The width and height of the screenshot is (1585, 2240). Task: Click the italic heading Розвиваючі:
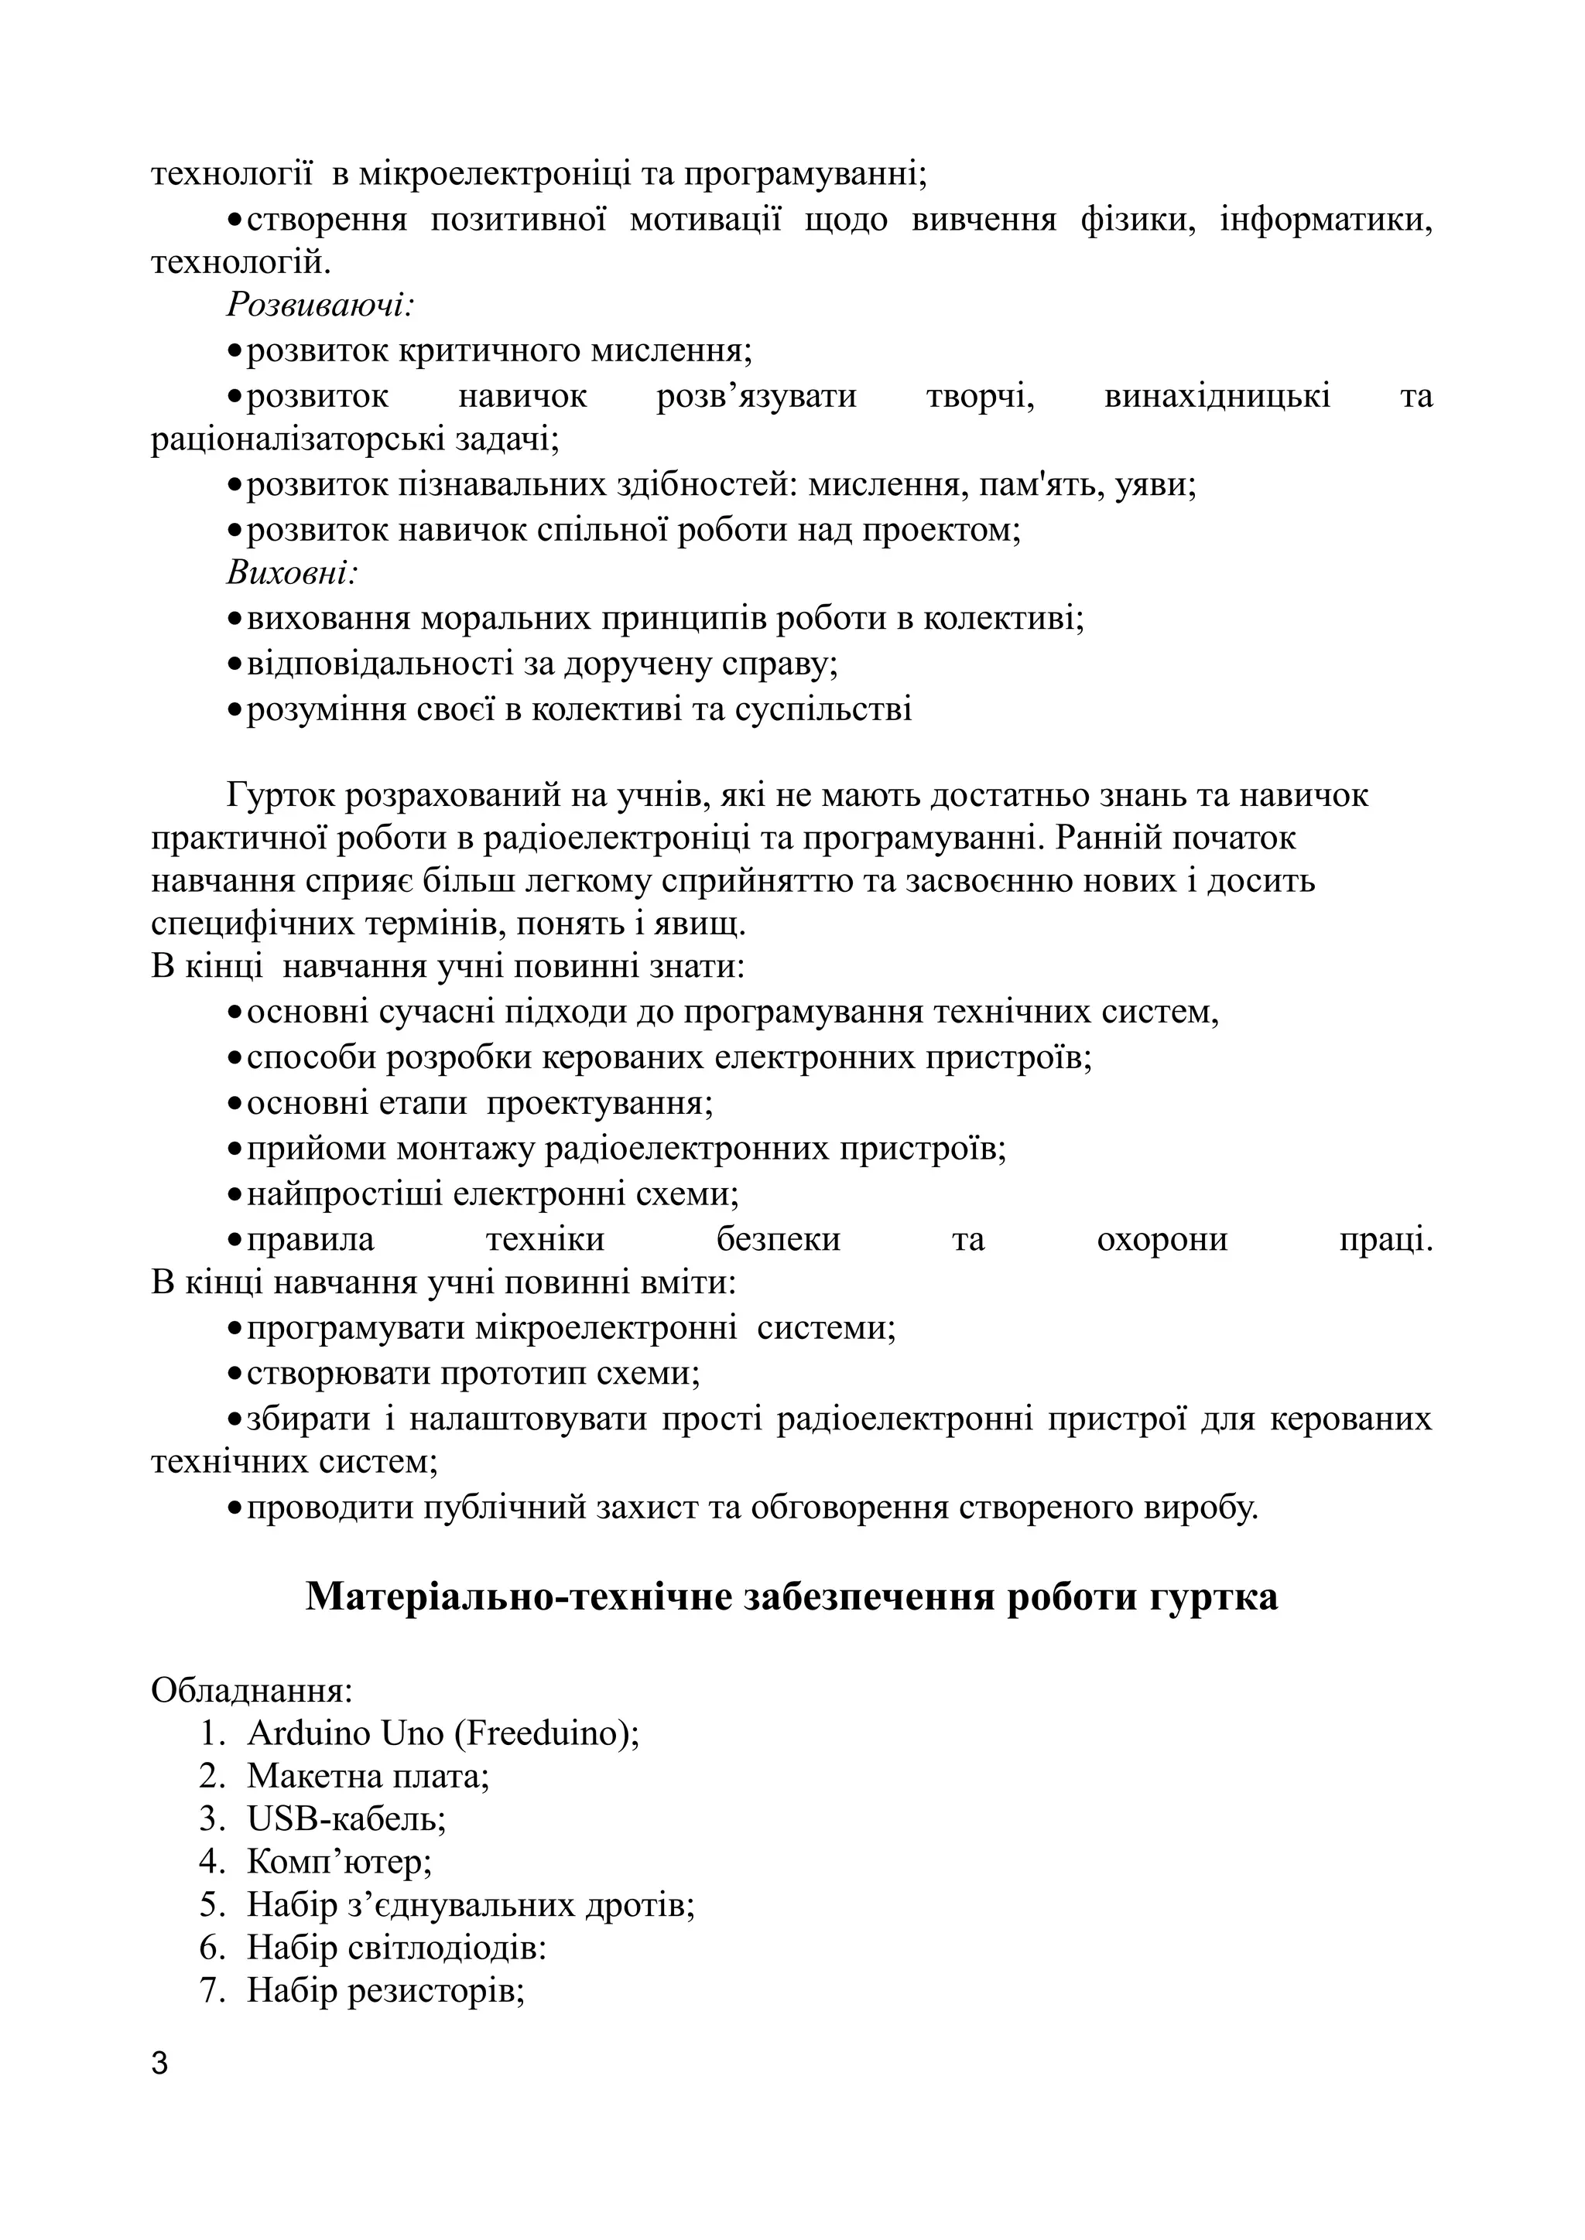321,306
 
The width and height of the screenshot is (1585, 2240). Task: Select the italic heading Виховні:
293,572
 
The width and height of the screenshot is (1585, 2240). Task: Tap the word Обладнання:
252,1691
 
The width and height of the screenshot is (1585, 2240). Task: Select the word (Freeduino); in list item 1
546,1733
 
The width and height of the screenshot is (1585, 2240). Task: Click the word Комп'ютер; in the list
340,1863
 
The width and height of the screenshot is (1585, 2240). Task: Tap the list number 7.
213,1990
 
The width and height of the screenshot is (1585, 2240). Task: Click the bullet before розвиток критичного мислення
234,350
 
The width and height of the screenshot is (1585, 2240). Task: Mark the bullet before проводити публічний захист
234,1508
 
